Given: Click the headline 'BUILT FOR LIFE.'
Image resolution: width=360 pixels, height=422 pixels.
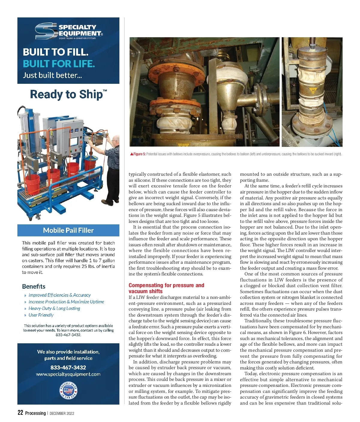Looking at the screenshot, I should [x=59, y=64].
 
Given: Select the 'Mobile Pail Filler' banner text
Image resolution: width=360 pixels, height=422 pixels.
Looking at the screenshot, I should [x=68, y=230].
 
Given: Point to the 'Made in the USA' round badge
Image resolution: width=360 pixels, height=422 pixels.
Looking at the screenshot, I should [x=68, y=390].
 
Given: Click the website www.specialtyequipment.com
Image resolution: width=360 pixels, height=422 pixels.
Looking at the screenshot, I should [x=68, y=374].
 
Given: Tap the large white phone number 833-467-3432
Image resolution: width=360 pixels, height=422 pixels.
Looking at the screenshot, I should [x=68, y=367].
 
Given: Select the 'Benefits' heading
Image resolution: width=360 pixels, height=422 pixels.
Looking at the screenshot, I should [x=34, y=286].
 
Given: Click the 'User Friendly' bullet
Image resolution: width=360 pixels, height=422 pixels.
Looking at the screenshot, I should [x=41, y=315].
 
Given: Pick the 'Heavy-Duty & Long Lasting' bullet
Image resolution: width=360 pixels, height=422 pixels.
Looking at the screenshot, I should [x=54, y=308].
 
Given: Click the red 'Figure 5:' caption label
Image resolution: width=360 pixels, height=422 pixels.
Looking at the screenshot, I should [x=139, y=154].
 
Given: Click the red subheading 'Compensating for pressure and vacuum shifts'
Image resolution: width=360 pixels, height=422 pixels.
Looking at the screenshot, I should [x=166, y=288].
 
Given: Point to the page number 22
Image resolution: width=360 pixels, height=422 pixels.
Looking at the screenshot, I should [x=20, y=413].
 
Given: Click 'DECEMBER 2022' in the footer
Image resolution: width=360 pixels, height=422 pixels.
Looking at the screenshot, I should [x=62, y=413].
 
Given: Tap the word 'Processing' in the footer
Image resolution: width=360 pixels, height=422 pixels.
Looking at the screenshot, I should [x=35, y=413].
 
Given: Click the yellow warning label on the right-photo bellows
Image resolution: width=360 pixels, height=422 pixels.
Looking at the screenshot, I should [x=313, y=90].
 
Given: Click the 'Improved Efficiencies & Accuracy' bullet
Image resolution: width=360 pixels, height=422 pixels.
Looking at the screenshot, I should [x=59, y=295].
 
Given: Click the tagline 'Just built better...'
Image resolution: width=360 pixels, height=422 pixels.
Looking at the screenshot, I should [x=52, y=75].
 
